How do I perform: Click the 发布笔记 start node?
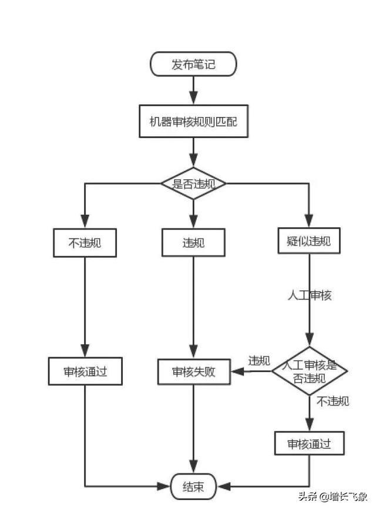point(193,64)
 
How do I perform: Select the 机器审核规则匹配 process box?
point(193,122)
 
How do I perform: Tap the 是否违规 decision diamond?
point(193,183)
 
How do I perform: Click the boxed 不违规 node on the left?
point(85,242)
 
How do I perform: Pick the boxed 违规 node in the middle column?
point(193,242)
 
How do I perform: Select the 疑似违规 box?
point(308,240)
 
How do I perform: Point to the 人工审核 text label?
point(309,296)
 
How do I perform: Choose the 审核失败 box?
point(193,371)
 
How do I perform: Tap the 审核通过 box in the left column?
point(85,371)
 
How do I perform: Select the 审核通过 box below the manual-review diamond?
point(308,444)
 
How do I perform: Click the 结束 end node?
point(193,486)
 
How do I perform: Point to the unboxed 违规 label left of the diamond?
point(258,360)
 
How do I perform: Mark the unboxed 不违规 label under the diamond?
point(333,401)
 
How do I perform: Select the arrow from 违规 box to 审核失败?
point(193,306)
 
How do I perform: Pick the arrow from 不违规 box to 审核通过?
point(85,306)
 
